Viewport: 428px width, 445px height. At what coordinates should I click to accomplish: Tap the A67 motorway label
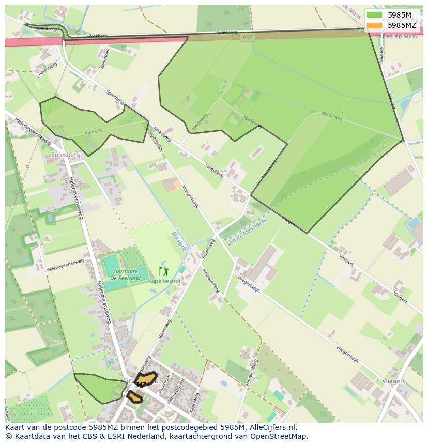click(x=248, y=37)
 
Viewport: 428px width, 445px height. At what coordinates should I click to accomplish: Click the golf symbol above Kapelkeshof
click(x=164, y=271)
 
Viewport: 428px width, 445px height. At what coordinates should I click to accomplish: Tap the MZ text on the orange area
click(x=141, y=385)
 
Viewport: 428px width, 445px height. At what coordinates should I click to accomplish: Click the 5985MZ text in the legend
click(x=402, y=25)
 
